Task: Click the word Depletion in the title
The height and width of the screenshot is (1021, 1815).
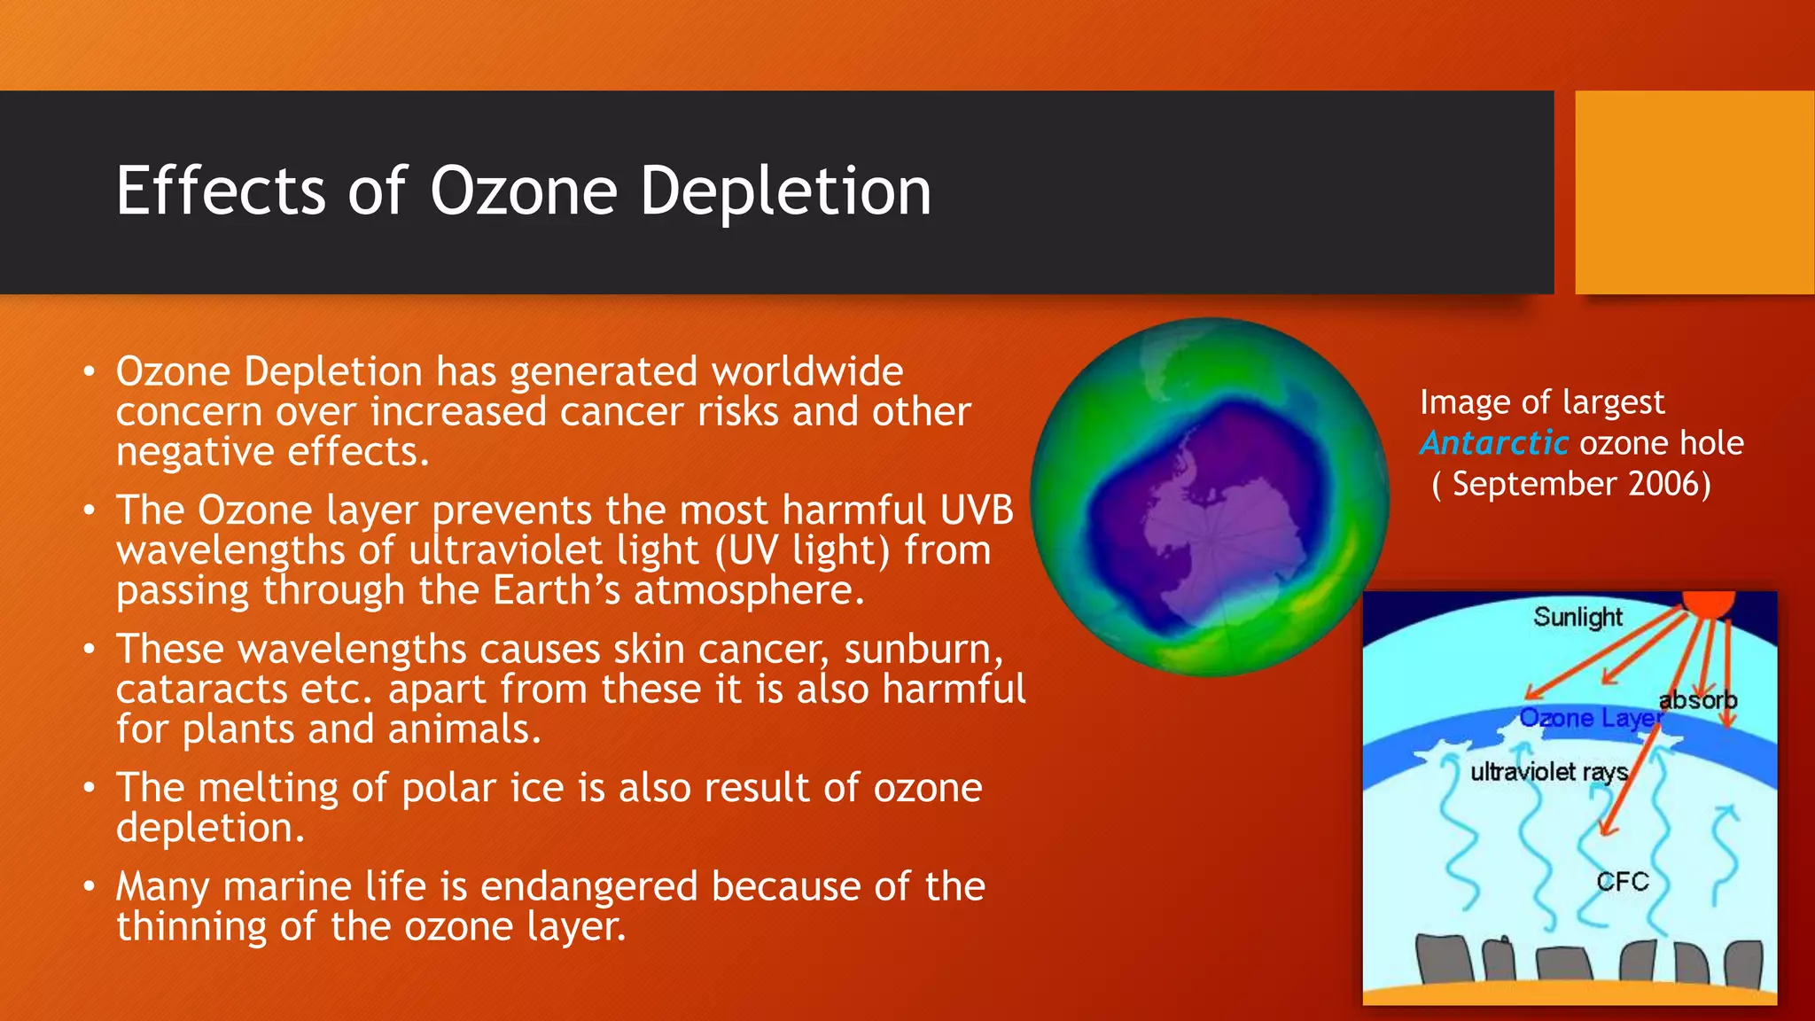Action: point(785,191)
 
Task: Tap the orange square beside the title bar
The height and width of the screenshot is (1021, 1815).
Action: point(1694,192)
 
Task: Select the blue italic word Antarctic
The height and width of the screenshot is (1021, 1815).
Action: point(1494,442)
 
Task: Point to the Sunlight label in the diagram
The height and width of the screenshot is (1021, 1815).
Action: point(1577,616)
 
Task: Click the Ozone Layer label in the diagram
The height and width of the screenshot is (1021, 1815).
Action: point(1590,717)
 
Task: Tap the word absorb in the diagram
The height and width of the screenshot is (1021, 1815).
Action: point(1697,700)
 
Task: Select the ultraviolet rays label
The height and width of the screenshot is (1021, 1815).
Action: point(1548,771)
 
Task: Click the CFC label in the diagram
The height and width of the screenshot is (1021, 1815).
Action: point(1622,881)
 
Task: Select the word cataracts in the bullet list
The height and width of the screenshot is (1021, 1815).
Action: point(202,690)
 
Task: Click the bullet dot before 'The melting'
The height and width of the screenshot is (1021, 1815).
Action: point(89,787)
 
